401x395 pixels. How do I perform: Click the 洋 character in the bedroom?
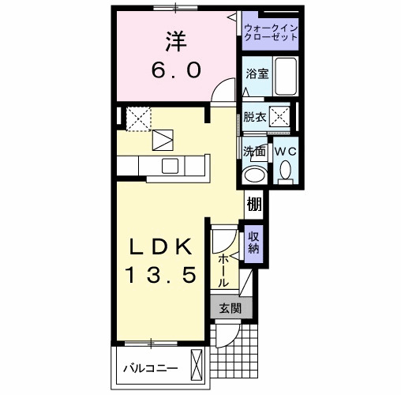[176, 39]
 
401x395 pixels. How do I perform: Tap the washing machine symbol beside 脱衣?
[279, 117]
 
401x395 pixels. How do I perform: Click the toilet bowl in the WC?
[285, 169]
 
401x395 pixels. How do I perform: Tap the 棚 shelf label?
[253, 204]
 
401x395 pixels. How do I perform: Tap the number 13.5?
[161, 277]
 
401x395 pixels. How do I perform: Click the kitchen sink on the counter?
[171, 166]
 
